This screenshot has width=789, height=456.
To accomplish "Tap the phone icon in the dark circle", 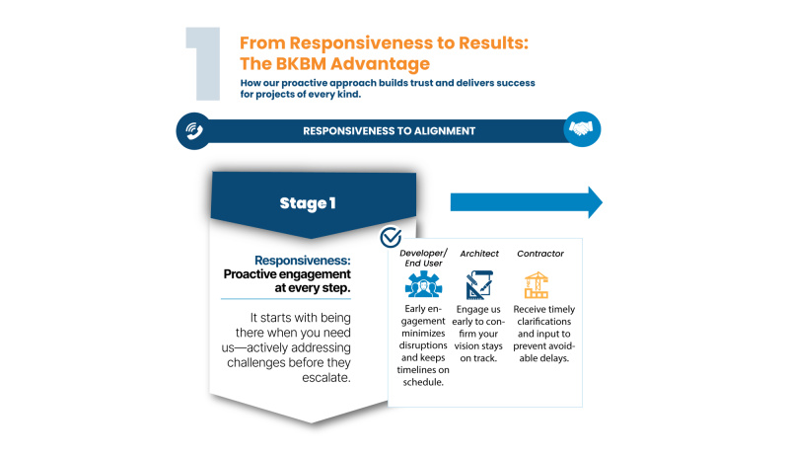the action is pyautogui.click(x=193, y=131).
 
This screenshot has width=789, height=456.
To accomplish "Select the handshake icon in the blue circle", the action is pyautogui.click(x=581, y=129).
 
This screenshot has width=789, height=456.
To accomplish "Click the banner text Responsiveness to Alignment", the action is pyautogui.click(x=389, y=131).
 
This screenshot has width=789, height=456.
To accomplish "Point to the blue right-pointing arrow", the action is pyautogui.click(x=527, y=202).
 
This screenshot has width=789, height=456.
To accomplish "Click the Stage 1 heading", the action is pyautogui.click(x=308, y=203).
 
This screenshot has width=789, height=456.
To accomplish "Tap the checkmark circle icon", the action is pyautogui.click(x=391, y=237).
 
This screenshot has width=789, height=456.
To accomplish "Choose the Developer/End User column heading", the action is pyautogui.click(x=423, y=259).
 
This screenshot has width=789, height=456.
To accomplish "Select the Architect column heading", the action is pyautogui.click(x=479, y=254).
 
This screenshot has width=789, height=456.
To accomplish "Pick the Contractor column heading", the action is pyautogui.click(x=540, y=254).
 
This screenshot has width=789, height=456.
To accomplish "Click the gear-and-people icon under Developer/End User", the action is pyautogui.click(x=424, y=284).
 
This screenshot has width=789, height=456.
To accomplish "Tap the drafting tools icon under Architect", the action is pyautogui.click(x=478, y=285).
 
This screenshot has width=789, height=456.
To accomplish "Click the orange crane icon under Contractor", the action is pyautogui.click(x=536, y=285).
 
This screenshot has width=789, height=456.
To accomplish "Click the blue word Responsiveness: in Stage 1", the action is pyautogui.click(x=303, y=261).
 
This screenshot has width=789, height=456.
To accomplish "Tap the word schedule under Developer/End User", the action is pyautogui.click(x=422, y=382).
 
